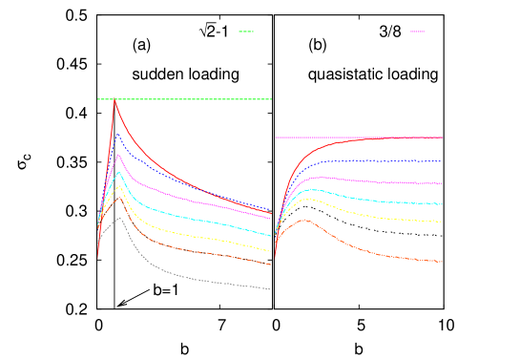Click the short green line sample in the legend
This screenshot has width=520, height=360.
coord(246,32)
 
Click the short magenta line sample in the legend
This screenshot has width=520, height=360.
coord(417,32)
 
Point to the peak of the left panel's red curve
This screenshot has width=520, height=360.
coord(114,100)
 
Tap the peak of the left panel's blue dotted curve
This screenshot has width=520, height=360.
coord(116,133)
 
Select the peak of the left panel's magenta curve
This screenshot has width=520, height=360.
coord(117,155)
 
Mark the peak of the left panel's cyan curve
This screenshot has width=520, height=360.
coord(118,173)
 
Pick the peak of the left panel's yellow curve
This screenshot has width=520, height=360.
coord(119,186)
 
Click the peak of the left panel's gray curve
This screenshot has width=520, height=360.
coord(119,218)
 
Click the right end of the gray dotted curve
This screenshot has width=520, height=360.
coord(271,289)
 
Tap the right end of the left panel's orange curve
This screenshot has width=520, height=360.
coord(271,264)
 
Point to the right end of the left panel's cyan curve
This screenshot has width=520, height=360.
coord(271,235)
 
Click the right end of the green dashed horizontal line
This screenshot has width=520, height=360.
coord(272,99)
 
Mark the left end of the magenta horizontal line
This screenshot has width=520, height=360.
coord(276,138)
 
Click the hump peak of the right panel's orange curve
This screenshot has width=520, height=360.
coord(304,220)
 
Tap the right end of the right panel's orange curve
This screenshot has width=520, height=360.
coord(442,262)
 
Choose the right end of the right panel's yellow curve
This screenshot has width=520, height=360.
coord(441,222)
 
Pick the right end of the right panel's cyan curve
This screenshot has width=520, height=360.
coord(442,204)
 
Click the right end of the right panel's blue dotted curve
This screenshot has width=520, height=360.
coord(442,161)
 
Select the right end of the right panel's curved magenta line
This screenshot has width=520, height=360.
coord(442,183)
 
